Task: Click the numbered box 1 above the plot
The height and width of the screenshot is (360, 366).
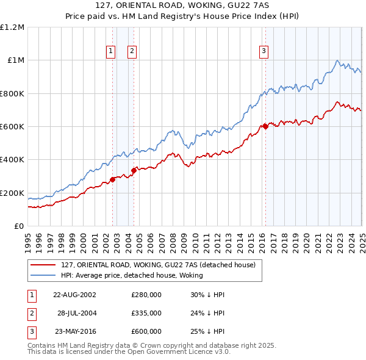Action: click(x=111, y=52)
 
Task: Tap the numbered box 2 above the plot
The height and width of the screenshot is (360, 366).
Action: click(x=132, y=52)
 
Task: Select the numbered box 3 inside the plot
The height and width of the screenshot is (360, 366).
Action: click(x=264, y=52)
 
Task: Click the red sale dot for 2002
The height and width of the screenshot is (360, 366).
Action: click(x=113, y=179)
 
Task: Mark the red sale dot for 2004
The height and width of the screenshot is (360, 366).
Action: click(x=134, y=171)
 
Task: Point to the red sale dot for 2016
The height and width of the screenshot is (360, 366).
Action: click(x=266, y=127)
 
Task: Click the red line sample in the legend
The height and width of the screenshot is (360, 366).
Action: click(x=43, y=265)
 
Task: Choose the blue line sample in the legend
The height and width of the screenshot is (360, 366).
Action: click(x=43, y=276)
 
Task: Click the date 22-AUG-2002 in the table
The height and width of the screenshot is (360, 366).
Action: click(x=75, y=295)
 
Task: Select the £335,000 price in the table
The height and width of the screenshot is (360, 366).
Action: click(x=146, y=313)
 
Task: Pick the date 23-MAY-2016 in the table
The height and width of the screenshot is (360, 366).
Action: click(x=75, y=331)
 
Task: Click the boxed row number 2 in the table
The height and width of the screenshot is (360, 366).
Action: click(x=30, y=313)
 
